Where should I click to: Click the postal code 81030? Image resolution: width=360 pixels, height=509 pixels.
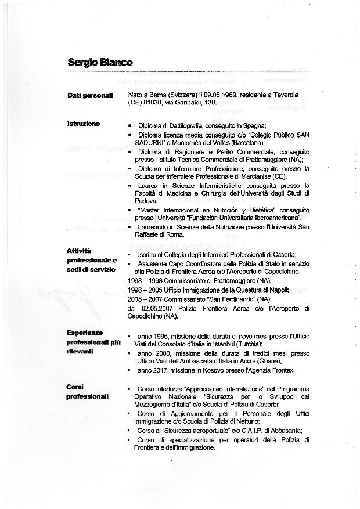[x=152, y=103]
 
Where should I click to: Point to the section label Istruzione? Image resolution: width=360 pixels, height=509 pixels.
[x=84, y=124]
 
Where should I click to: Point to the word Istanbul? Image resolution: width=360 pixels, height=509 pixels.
[x=227, y=344]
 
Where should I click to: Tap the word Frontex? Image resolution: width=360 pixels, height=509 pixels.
[x=282, y=370]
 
